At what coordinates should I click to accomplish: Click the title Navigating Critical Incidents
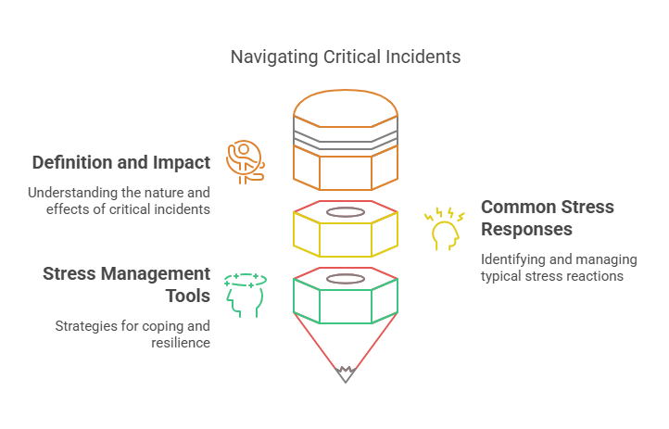point(345,57)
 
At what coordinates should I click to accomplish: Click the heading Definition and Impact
point(121,162)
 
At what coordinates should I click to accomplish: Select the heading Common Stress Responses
point(547,218)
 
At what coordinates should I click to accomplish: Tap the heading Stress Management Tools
point(127,285)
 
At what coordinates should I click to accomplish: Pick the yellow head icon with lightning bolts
point(445,229)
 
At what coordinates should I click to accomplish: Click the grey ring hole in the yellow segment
point(346,211)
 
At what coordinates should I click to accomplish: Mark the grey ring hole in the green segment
point(346,279)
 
